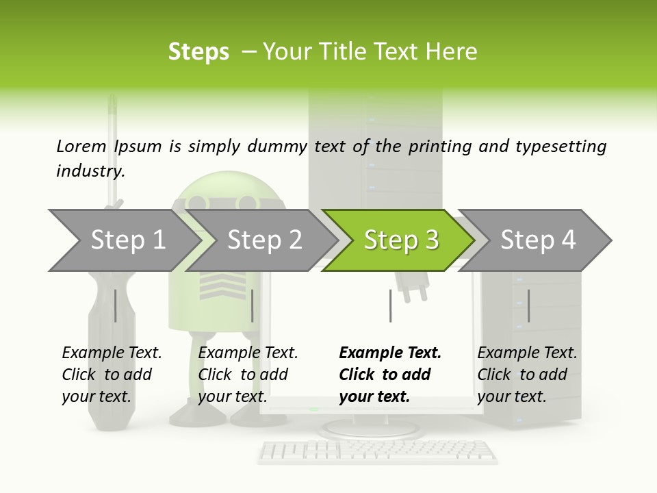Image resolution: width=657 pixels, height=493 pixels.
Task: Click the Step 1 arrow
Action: click(127, 240)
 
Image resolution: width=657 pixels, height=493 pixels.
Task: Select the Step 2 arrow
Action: click(263, 240)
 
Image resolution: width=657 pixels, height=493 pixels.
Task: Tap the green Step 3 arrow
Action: click(400, 240)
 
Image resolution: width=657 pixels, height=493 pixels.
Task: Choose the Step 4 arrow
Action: click(537, 240)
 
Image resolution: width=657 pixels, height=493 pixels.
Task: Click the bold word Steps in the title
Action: click(198, 52)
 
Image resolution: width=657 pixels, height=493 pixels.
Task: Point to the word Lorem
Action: click(81, 146)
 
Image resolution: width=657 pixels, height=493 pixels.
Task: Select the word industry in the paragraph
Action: click(90, 171)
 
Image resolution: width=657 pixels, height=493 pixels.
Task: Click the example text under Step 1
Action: click(112, 375)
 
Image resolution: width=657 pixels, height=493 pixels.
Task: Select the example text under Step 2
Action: click(248, 375)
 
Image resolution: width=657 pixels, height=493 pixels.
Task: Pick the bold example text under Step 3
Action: click(390, 375)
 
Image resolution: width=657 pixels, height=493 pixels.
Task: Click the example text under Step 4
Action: click(527, 375)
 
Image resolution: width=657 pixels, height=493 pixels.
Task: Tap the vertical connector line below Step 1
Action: click(115, 305)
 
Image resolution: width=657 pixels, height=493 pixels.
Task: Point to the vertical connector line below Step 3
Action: click(390, 305)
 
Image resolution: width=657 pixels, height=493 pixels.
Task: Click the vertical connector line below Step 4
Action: click(528, 305)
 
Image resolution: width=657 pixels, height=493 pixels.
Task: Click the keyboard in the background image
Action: click(378, 451)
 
